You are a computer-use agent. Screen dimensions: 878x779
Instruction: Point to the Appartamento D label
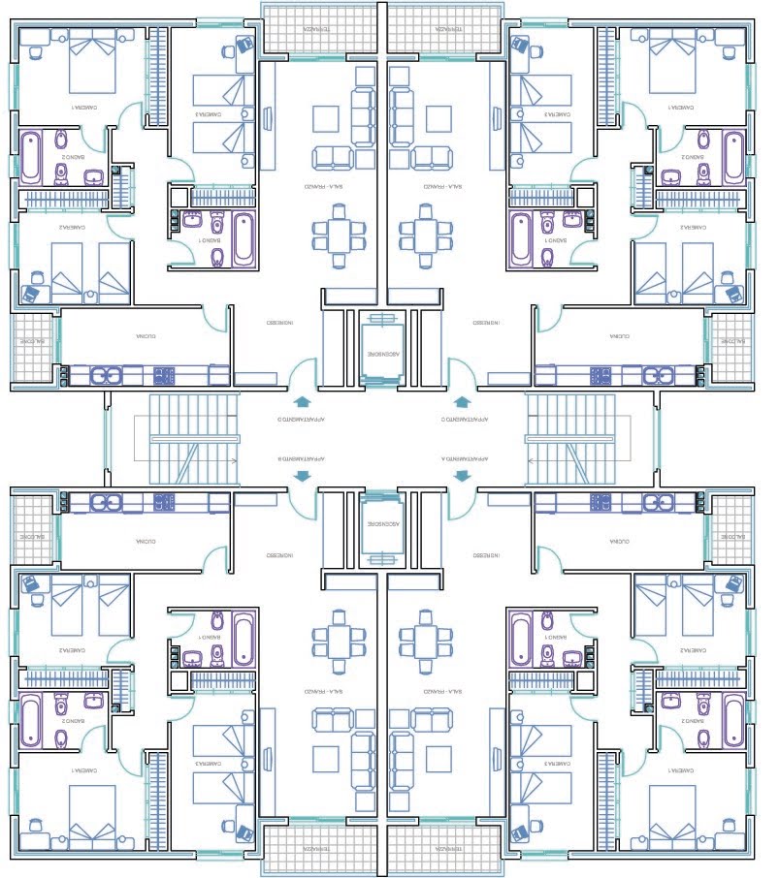pos(301,421)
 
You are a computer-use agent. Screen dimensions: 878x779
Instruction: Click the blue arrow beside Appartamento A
pos(463,475)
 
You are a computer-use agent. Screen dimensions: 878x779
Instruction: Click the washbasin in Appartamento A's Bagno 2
pos(668,701)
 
